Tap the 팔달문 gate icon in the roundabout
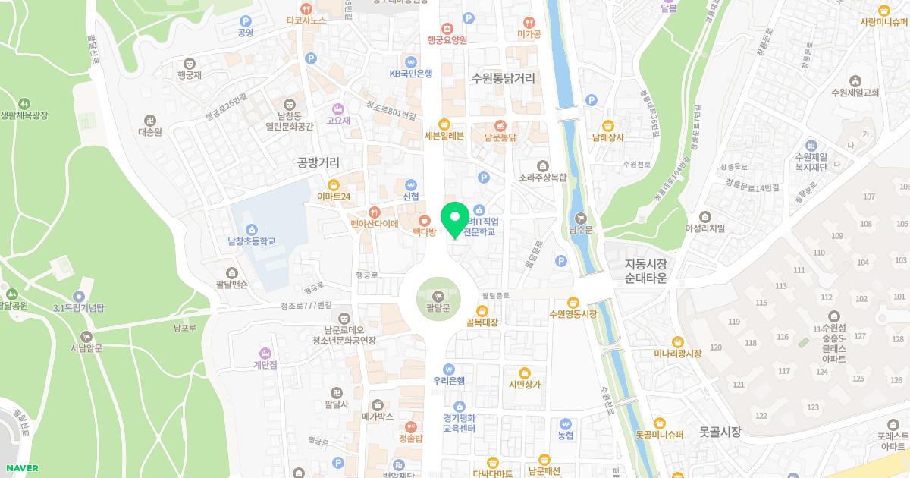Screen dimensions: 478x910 (438, 294)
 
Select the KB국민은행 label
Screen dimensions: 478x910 (410, 74)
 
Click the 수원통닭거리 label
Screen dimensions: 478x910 (503, 78)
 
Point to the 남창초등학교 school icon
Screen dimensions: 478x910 (252, 228)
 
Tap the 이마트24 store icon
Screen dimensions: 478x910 (333, 184)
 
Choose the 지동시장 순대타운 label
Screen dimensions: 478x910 (645, 271)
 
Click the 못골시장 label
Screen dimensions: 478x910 (720, 432)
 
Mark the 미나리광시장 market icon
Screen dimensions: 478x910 (678, 341)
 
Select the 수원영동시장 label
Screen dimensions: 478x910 (573, 314)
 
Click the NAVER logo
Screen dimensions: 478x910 (20, 467)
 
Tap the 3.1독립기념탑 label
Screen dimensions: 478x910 (79, 308)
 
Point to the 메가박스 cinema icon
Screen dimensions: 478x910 (378, 404)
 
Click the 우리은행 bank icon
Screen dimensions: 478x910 (448, 368)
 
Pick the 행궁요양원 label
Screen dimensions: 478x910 (447, 40)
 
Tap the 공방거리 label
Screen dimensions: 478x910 (318, 162)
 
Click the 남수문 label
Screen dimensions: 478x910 (581, 228)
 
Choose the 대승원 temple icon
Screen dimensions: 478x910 (149, 120)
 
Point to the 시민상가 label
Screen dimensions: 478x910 (525, 385)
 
